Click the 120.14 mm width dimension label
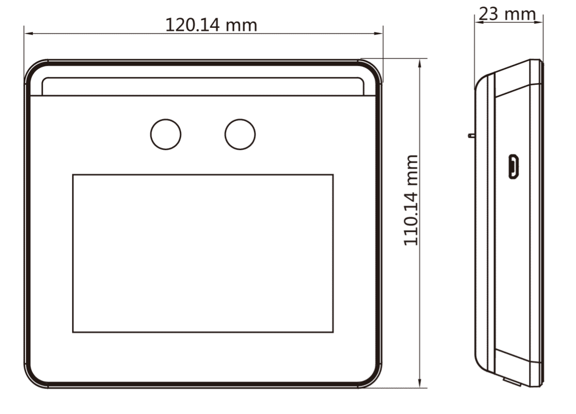click(211, 25)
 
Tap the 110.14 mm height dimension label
click(411, 201)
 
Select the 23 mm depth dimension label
click(507, 14)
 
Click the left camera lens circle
click(166, 134)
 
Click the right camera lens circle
click(240, 134)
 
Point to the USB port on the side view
click(513, 166)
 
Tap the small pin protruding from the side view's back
click(472, 135)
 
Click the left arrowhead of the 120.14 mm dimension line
click(29, 33)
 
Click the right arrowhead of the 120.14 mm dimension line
click(378, 33)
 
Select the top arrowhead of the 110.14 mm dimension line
click(420, 64)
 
